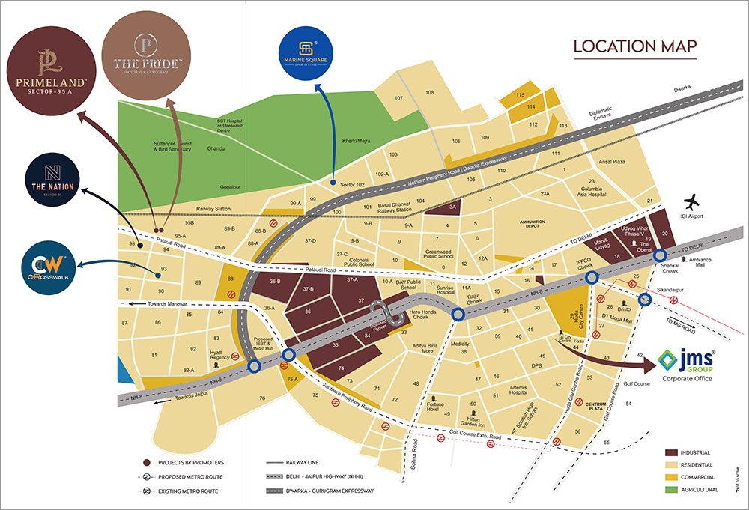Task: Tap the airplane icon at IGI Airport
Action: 693,202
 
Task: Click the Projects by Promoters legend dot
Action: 147,463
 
